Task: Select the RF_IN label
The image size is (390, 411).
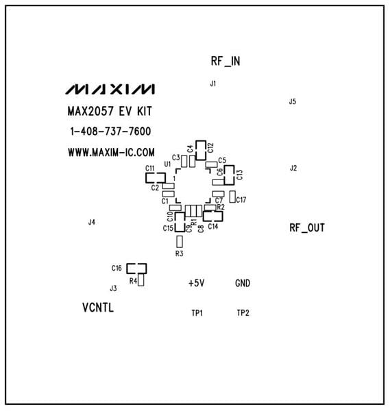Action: point(226,61)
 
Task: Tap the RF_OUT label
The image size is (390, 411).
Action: point(307,227)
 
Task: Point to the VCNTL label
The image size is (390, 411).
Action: point(98,308)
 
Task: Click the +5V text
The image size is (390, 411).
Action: point(197,283)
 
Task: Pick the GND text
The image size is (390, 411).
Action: point(243,283)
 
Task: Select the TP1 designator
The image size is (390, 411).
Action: point(197,313)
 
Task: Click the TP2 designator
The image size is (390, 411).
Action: point(243,313)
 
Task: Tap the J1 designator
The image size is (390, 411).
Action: point(213,84)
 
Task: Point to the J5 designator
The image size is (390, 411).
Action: point(293,101)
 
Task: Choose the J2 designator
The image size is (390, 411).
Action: point(293,168)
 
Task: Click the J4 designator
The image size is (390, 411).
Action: point(92,222)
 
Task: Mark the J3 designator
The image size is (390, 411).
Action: point(113,288)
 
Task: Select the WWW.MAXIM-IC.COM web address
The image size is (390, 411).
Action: point(111,152)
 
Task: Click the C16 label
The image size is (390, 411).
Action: point(117,268)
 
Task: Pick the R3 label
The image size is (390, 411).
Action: point(180,253)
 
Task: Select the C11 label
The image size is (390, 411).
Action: point(149,168)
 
